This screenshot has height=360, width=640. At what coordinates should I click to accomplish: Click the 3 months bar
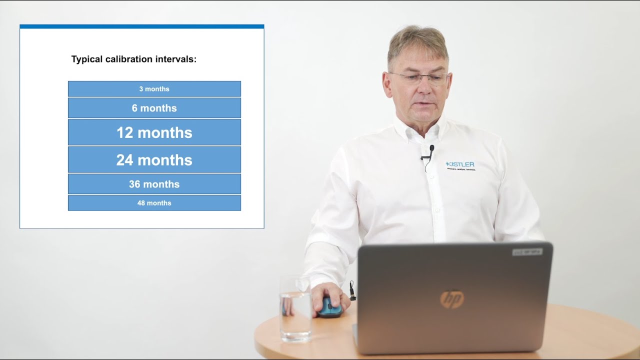pos(154,89)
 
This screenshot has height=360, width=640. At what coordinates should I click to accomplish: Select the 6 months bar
pos(154,108)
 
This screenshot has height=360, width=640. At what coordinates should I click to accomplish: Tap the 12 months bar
pos(154,132)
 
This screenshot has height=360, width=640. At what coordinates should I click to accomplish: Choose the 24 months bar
pos(154,160)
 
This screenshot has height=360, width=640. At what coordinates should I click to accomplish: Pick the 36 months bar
pos(154,184)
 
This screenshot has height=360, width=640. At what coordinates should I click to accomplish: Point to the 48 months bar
pos(154,203)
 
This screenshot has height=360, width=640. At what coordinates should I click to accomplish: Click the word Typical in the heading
pos(87,59)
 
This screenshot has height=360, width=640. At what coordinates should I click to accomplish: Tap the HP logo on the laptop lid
pos(452,299)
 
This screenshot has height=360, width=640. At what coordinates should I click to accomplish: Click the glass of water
pos(295,310)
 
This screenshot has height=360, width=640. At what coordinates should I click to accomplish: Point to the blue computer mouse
pos(330,308)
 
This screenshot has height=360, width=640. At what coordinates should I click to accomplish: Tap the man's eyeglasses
pos(419,77)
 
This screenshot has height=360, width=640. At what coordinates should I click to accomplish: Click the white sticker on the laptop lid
pos(527,252)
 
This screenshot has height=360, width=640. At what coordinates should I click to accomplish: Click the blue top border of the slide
pos(141,26)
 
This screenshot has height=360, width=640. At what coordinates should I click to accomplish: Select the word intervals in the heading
pos(174,59)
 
